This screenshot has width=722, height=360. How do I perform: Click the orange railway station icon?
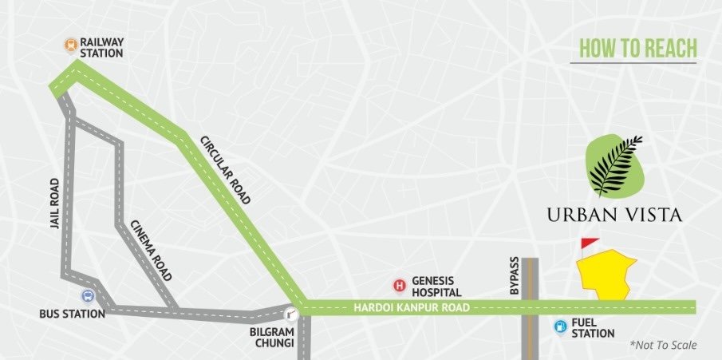[71, 45]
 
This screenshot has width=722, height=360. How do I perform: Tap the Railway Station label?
[101, 47]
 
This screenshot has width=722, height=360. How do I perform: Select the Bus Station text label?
[72, 314]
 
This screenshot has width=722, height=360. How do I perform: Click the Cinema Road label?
[149, 251]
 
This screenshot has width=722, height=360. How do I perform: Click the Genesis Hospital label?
[437, 286]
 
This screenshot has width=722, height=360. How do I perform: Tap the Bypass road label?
[515, 277]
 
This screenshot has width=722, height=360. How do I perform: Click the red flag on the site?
[589, 243]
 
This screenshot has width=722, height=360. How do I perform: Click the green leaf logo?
[614, 166]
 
